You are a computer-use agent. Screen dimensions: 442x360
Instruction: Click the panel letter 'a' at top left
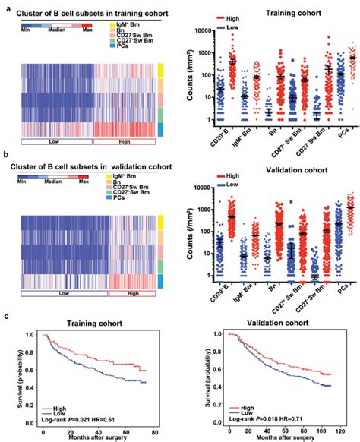click(6, 8)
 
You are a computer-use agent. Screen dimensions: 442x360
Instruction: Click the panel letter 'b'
click(6, 154)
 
